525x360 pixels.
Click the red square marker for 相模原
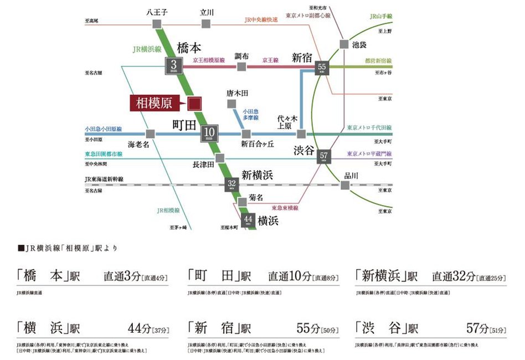click(194, 103)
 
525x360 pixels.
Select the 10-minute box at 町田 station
click(209, 133)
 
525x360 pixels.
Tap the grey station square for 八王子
click(157, 24)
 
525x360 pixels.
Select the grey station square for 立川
click(206, 24)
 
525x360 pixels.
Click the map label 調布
click(241, 56)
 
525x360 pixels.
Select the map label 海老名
click(139, 145)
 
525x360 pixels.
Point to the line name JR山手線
click(380, 17)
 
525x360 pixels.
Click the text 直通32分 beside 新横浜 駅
click(452, 276)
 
